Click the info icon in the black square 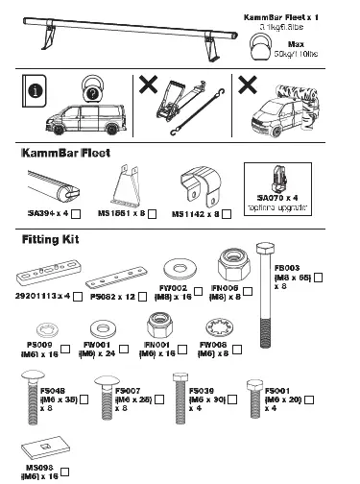[x=36, y=94]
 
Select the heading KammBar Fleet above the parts [x=65, y=153]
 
